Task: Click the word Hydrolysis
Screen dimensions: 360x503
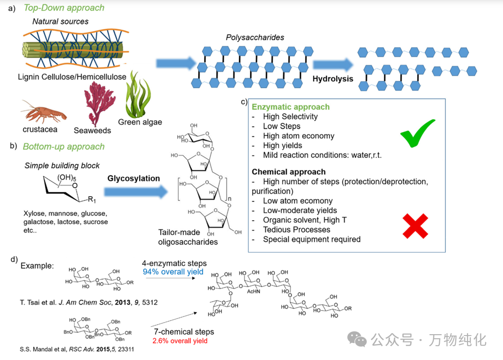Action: (333, 78)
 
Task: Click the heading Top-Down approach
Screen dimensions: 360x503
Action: (64, 8)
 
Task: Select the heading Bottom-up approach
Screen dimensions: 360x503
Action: (64, 146)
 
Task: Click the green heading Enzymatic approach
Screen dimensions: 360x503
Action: (291, 107)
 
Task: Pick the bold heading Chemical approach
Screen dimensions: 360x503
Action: (289, 172)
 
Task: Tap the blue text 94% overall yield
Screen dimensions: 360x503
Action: (173, 272)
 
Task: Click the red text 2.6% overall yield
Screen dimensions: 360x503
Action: (180, 341)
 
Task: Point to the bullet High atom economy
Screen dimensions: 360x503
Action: (298, 136)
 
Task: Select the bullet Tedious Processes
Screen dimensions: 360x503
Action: (297, 229)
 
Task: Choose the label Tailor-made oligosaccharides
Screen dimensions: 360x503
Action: (188, 237)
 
